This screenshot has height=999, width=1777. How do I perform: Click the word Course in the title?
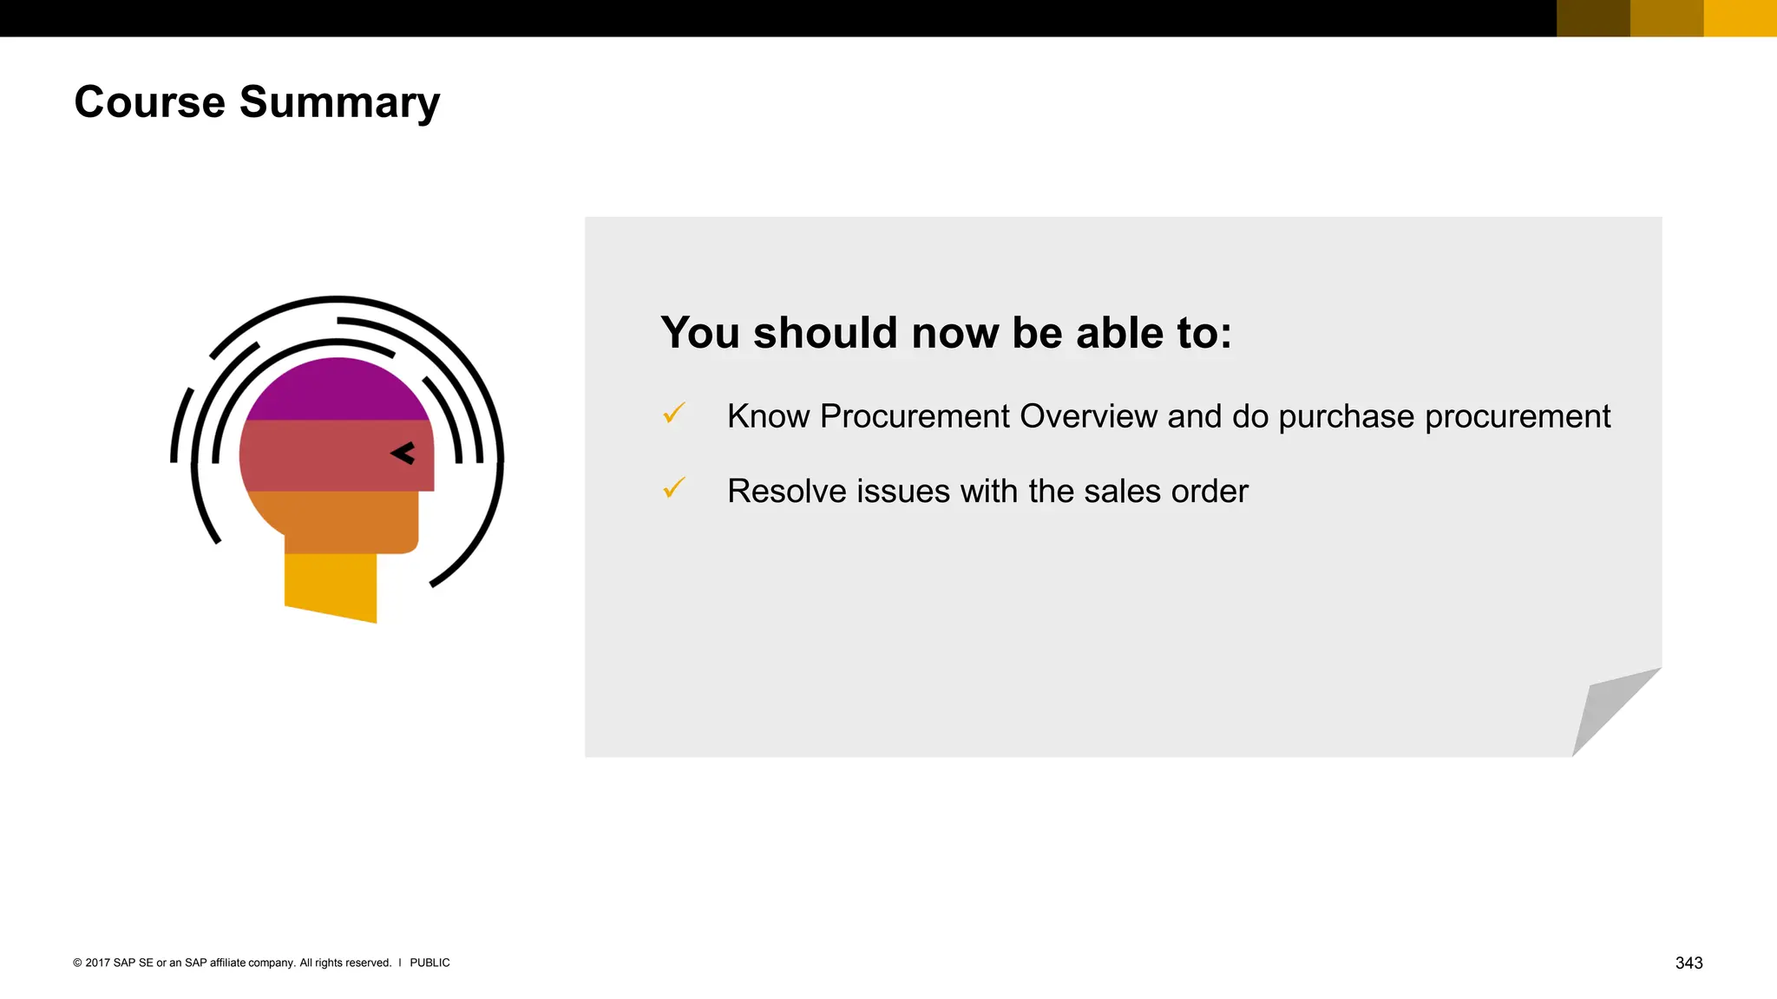[x=149, y=102]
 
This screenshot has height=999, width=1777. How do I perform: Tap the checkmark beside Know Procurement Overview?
[x=674, y=414]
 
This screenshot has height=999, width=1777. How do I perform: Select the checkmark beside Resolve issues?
[x=674, y=488]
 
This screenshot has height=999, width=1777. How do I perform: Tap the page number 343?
[x=1688, y=963]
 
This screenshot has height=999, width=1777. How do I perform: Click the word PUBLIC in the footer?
[x=429, y=963]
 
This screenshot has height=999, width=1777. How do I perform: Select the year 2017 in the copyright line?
[x=97, y=963]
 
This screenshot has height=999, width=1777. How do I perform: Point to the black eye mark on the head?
[x=403, y=454]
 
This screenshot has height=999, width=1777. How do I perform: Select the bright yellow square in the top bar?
[x=1740, y=18]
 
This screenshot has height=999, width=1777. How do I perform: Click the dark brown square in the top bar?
[x=1593, y=18]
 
